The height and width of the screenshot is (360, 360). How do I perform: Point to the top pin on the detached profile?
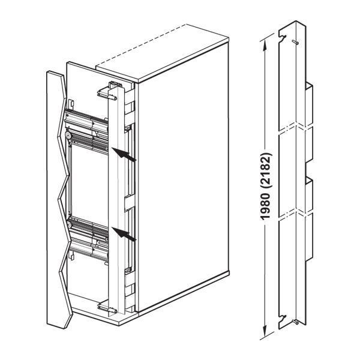click(298, 43)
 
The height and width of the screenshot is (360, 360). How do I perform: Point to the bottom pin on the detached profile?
click(298, 323)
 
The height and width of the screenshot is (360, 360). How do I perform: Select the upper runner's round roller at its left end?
click(71, 137)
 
